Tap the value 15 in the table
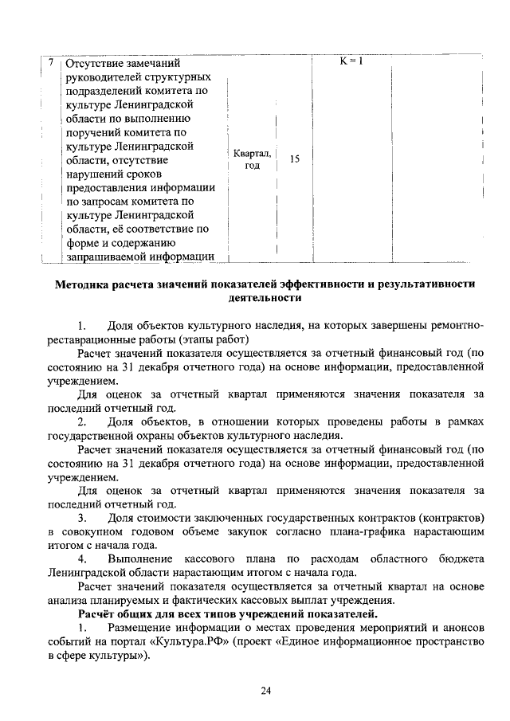point(294,159)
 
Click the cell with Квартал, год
point(253,159)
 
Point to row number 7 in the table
point(51,62)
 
